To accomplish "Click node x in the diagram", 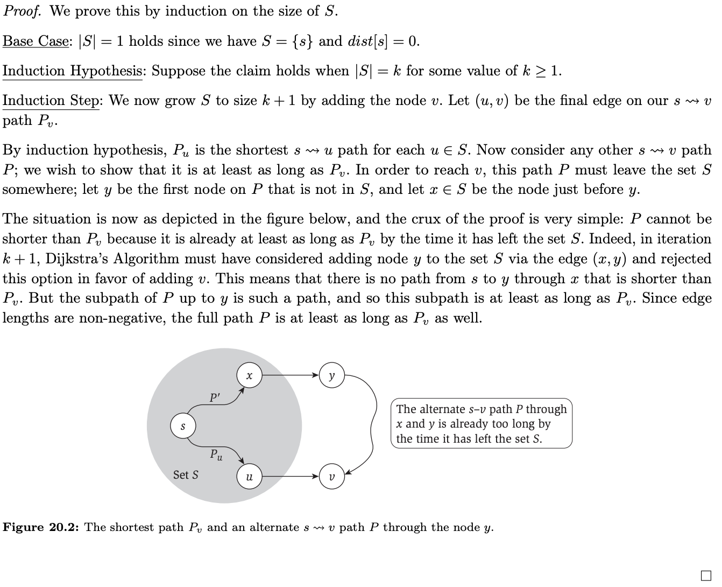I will point(249,375).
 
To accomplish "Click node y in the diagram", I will point(331,375).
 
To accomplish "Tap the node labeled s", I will point(183,426).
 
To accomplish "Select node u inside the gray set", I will point(249,477).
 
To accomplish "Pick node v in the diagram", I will point(331,477).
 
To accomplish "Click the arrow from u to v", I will point(290,477).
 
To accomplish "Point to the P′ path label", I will point(215,398).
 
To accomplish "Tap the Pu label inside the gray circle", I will point(216,455).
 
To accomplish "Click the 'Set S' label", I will point(186,475).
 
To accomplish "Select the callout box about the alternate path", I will point(481,424).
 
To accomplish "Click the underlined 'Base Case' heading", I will point(36,41).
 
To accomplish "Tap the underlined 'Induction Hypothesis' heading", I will point(73,71).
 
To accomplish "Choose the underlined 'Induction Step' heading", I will point(51,101).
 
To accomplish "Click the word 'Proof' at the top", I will point(22,12).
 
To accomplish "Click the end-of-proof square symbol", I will point(706,575).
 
